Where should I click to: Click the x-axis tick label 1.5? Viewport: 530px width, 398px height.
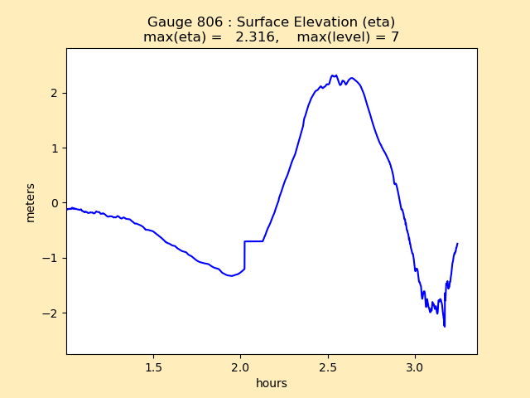pos(153,366)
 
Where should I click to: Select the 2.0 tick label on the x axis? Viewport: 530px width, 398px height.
pos(240,366)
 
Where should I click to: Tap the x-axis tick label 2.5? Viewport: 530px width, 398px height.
pos(328,366)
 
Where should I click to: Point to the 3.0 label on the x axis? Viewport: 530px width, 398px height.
pos(415,366)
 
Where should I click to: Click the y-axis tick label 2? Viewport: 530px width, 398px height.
pos(54,93)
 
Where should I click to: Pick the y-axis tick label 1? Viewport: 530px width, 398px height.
pos(54,148)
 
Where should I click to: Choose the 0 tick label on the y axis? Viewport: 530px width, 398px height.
pos(54,203)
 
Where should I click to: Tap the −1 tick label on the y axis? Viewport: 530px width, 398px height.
pos(51,258)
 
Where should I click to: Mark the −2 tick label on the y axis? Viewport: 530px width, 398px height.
pos(51,313)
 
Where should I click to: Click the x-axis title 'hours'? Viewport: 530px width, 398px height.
pos(272,383)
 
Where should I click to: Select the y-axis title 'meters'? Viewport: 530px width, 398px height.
pos(31,202)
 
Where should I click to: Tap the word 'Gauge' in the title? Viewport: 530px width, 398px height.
pos(168,22)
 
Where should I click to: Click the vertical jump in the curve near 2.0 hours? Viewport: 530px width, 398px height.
pos(244,255)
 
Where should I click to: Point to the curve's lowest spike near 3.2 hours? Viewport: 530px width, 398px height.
pos(445,326)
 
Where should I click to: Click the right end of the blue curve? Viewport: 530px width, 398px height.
pos(457,244)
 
